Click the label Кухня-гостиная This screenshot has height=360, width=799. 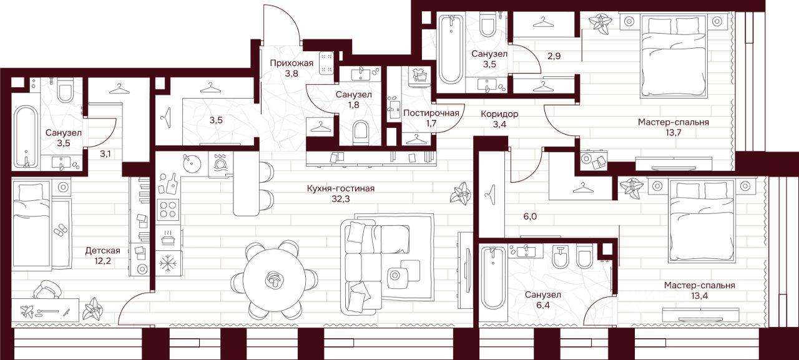(x=340, y=188)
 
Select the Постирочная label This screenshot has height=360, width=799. (x=431, y=113)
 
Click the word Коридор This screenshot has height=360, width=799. (x=499, y=114)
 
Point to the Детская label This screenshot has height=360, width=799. (x=103, y=251)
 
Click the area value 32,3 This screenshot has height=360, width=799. (x=341, y=200)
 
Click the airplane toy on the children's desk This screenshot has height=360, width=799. (x=27, y=311)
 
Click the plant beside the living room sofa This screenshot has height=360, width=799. (x=462, y=193)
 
